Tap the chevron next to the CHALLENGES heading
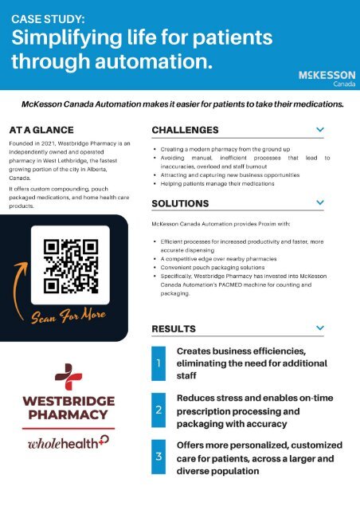(x=319, y=129)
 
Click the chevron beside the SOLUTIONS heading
(x=319, y=203)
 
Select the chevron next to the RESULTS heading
(x=319, y=328)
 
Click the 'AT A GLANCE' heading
(x=41, y=129)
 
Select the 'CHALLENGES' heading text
(x=185, y=129)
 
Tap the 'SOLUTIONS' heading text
(x=180, y=203)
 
